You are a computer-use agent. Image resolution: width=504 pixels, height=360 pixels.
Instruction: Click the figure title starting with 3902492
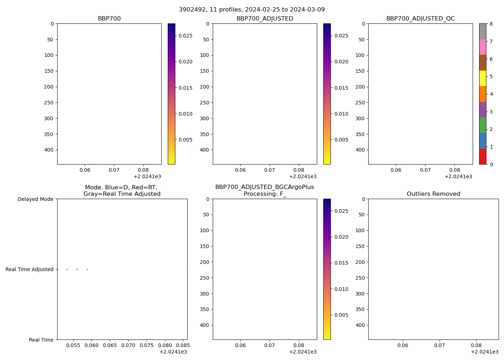(252, 9)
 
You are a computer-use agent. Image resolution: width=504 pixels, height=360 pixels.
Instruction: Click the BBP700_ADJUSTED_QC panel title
(420, 18)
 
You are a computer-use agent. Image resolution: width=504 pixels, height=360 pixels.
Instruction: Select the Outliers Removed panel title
(433, 194)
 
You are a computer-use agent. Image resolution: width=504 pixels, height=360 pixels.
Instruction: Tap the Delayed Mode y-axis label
(35, 199)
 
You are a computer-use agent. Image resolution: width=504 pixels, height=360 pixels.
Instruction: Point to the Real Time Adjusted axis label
(30, 269)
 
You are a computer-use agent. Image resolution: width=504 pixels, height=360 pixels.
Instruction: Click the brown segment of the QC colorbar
(482, 62)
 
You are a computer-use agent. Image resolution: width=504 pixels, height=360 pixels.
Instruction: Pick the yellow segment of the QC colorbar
(482, 78)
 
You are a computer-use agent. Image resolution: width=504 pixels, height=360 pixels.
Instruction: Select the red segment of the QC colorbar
(482, 157)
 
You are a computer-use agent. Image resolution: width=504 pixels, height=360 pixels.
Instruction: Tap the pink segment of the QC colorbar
(482, 47)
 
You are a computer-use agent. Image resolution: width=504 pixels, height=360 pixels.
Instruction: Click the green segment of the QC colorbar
(482, 125)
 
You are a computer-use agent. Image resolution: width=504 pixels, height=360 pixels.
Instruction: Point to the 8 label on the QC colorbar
(491, 24)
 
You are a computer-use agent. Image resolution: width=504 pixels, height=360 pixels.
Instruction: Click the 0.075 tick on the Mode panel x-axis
(146, 345)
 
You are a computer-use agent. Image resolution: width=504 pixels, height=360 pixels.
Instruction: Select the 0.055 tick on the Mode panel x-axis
(73, 345)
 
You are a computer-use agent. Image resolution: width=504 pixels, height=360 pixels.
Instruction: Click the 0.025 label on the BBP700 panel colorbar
(185, 36)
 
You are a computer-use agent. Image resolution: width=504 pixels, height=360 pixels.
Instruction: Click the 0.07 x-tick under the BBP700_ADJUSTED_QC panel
(425, 170)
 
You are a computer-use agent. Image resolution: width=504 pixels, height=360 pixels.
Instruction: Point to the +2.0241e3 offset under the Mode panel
(173, 352)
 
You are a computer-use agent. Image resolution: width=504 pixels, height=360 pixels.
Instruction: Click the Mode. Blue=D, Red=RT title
(122, 190)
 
